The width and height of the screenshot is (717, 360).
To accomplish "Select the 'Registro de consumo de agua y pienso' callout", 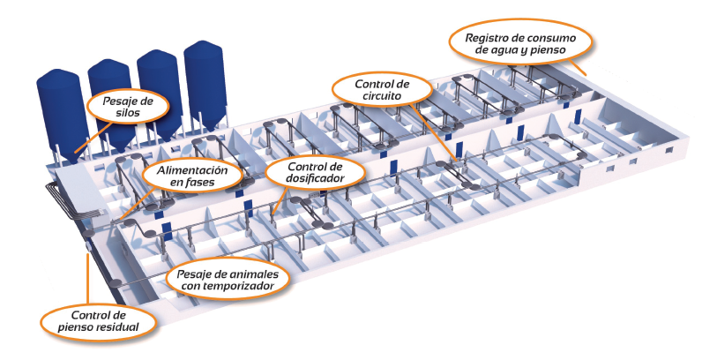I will tap(520, 44).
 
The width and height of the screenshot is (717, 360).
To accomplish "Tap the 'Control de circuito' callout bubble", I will tap(381, 93).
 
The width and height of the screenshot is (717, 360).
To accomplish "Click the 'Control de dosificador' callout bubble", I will tap(302, 174).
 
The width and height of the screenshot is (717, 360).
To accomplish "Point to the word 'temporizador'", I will tap(244, 286).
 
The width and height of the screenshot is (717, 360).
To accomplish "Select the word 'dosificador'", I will tap(302, 180).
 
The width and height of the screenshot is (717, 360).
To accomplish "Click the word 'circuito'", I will tap(382, 100).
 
